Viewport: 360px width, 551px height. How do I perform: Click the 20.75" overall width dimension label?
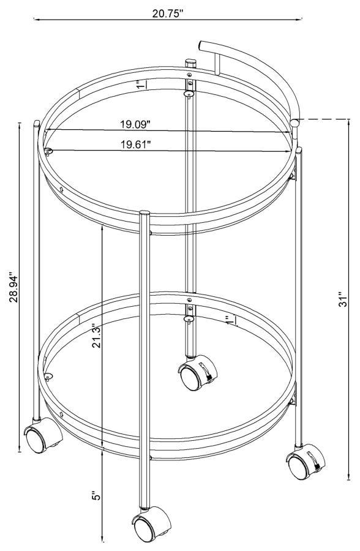pos(168,13)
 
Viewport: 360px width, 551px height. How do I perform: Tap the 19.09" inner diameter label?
pos(135,124)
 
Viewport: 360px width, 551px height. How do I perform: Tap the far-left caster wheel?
pos(37,438)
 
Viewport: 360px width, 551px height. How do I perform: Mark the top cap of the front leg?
pos(144,214)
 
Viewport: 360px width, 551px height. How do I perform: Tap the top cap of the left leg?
pos(36,122)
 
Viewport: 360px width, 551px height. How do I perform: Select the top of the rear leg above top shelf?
pos(190,62)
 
